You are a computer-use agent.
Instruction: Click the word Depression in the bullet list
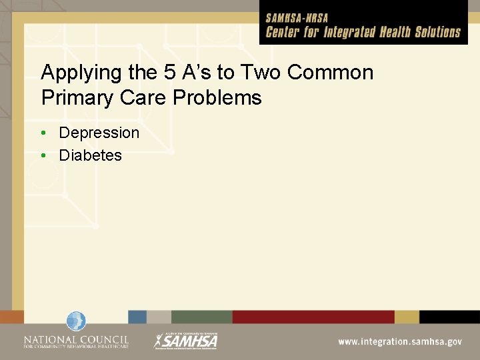point(99,133)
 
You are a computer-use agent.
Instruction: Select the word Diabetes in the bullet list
point(91,155)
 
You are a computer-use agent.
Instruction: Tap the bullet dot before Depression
point(43,133)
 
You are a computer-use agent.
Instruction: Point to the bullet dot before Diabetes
point(43,155)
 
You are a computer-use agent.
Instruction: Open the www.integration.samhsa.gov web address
point(399,341)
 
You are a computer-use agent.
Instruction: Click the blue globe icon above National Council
point(76,321)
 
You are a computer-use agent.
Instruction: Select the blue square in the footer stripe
point(137,317)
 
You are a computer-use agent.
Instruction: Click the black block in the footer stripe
point(449,317)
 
